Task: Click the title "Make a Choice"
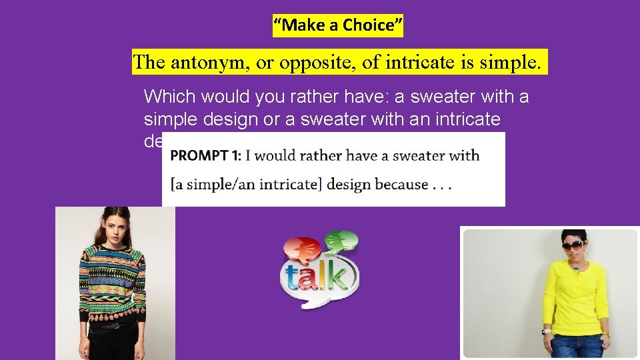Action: tap(339, 25)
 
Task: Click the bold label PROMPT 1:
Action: tap(205, 156)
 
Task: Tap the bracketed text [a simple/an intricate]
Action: tap(246, 184)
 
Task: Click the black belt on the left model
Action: tap(110, 325)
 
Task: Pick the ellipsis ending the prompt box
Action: tap(442, 185)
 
